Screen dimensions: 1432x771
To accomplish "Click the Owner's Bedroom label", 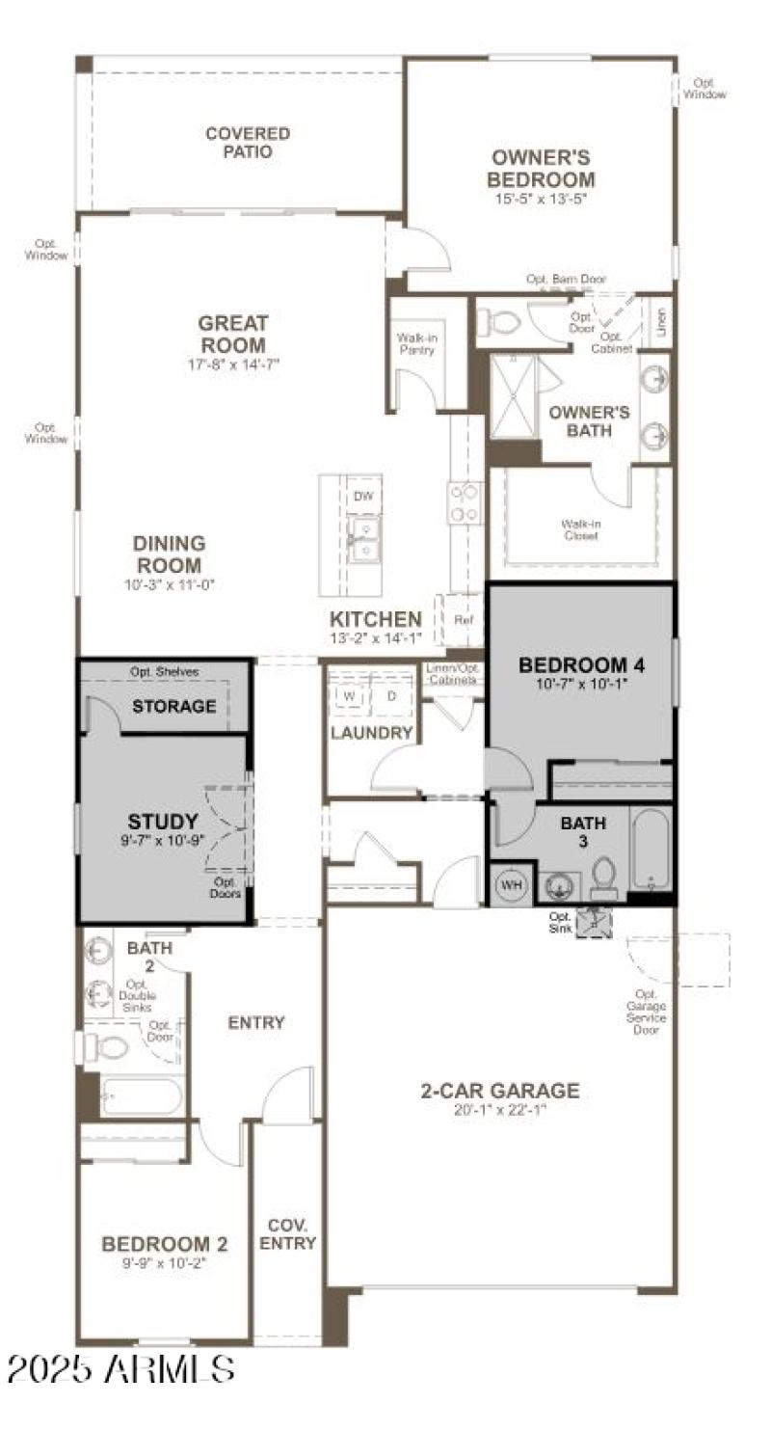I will tap(541, 169).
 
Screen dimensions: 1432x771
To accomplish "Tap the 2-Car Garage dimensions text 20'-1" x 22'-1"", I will tap(499, 1109).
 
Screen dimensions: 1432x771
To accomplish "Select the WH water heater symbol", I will tap(509, 884).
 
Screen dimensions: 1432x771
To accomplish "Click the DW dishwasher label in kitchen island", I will tap(363, 497).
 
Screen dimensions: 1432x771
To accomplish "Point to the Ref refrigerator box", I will tap(463, 621).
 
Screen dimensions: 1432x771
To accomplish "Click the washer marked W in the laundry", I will tap(349, 695).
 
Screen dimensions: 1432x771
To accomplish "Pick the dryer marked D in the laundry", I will tap(391, 695).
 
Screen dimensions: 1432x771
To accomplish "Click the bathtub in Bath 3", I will tap(651, 849).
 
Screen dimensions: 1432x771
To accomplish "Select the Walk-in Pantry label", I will tap(416, 344).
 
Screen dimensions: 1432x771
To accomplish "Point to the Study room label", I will tap(163, 823).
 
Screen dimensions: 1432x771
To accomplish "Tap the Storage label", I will tap(174, 706).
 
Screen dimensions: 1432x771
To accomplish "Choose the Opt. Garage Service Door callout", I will tap(646, 1012).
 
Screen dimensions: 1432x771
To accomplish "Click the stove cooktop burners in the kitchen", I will tap(465, 502).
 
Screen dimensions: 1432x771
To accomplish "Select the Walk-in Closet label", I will tap(581, 529).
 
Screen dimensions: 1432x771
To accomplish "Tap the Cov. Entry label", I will tap(287, 1234).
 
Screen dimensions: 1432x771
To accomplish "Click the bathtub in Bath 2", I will tap(141, 1096).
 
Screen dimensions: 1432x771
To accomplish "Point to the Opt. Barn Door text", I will tap(566, 279).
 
